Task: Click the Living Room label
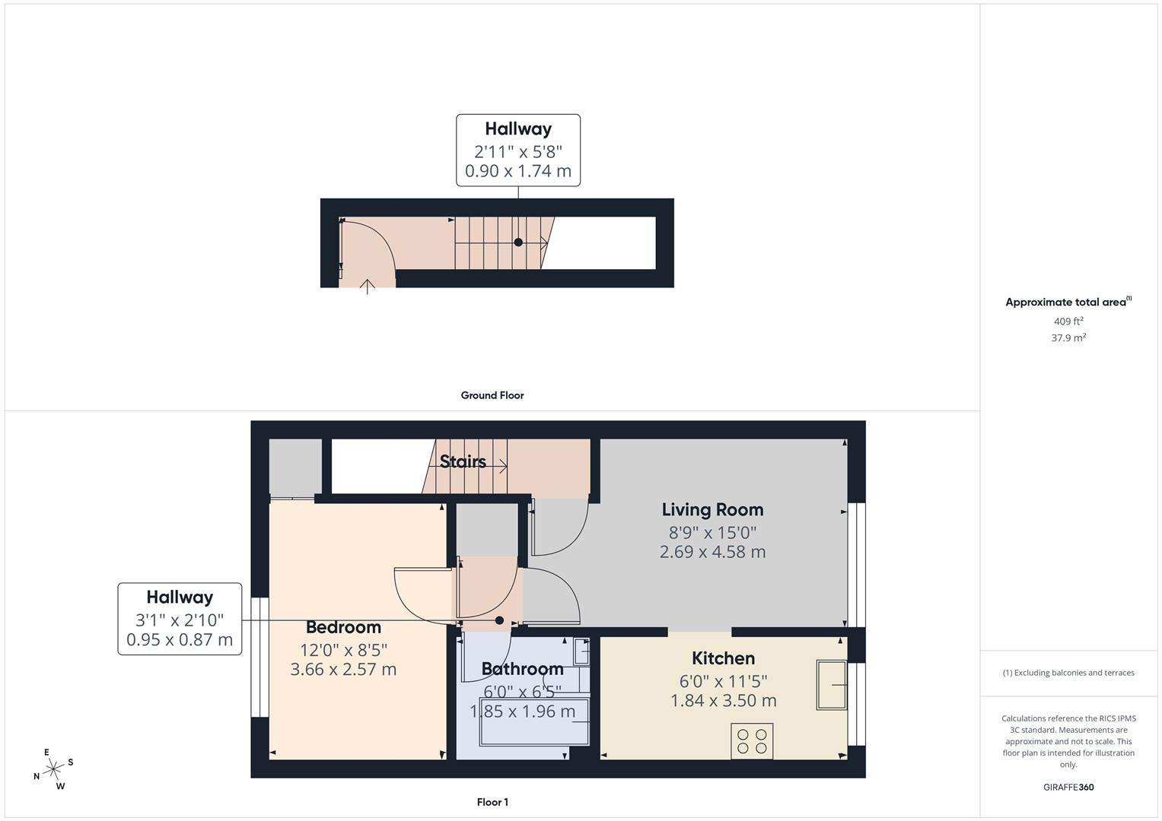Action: pos(712,510)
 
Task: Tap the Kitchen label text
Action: pos(723,658)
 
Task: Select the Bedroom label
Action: pos(343,627)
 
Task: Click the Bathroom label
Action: pos(522,669)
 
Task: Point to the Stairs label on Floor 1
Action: pos(463,461)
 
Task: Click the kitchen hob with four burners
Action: pos(752,741)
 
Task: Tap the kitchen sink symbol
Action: pos(832,685)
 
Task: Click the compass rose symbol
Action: pos(53,769)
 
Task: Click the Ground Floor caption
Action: pos(492,395)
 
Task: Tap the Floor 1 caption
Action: pos(492,802)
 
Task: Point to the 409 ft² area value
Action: pos(1068,322)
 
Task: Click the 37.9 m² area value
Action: pos(1068,338)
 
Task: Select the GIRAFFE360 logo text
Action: pos(1068,788)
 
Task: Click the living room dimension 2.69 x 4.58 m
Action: pos(712,552)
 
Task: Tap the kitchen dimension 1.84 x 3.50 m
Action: pos(723,701)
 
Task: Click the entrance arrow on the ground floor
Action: pos(368,287)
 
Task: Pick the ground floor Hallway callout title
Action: pos(518,129)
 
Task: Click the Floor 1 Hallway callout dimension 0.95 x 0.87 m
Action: pos(180,640)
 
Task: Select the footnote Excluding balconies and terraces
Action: pos(1068,673)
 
